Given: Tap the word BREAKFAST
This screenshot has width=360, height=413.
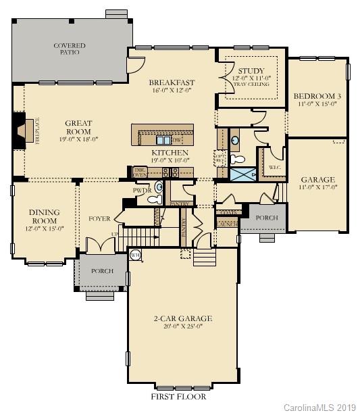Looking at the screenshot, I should (x=171, y=82).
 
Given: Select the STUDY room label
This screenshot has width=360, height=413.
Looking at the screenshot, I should (x=251, y=70).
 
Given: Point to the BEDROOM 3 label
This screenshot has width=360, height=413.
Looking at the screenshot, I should (x=319, y=96).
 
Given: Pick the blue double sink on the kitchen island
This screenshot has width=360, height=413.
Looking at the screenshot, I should (x=164, y=141).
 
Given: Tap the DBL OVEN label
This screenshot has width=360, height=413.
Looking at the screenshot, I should (x=140, y=172).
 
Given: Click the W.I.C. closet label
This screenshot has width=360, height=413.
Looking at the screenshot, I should (x=274, y=167).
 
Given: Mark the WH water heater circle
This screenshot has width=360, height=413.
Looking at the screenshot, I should (x=134, y=255).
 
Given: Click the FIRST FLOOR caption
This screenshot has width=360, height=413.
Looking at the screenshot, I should (x=178, y=395).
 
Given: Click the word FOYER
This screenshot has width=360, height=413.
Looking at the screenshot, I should (x=99, y=218).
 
